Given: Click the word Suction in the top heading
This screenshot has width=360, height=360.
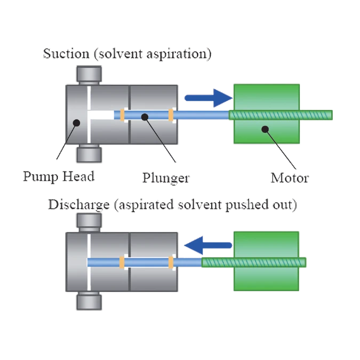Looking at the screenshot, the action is click(66, 54).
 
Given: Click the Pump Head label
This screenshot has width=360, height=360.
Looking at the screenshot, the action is click(59, 177).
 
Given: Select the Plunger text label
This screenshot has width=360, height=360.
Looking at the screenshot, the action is click(166, 178).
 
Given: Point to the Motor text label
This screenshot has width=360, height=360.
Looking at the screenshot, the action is click(290, 178).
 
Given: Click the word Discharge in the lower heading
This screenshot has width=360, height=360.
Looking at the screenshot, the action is click(79, 205).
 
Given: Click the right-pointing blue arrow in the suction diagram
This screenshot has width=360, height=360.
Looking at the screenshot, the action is click(209, 98).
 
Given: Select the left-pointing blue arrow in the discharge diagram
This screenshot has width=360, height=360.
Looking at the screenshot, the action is click(208, 245).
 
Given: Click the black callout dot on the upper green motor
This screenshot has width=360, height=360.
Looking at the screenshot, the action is click(265, 129).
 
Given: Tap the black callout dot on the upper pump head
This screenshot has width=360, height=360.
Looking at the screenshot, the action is click(76, 123).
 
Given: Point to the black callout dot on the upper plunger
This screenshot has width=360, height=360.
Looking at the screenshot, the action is click(145, 117).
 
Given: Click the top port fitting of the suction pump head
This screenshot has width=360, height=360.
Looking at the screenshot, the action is click(89, 75).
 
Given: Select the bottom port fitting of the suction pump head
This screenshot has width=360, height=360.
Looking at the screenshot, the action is click(89, 154).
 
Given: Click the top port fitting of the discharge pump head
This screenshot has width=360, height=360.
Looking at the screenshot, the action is click(89, 223).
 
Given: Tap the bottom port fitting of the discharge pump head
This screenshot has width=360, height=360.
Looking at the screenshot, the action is click(89, 301).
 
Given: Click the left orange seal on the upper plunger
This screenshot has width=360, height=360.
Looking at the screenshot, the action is click(122, 115).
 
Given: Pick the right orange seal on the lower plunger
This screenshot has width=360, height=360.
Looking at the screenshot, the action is click(171, 262).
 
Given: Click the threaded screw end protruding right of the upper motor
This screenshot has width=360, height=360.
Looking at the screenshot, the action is click(316, 115).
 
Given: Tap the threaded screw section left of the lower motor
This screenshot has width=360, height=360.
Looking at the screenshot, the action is click(218, 262).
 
